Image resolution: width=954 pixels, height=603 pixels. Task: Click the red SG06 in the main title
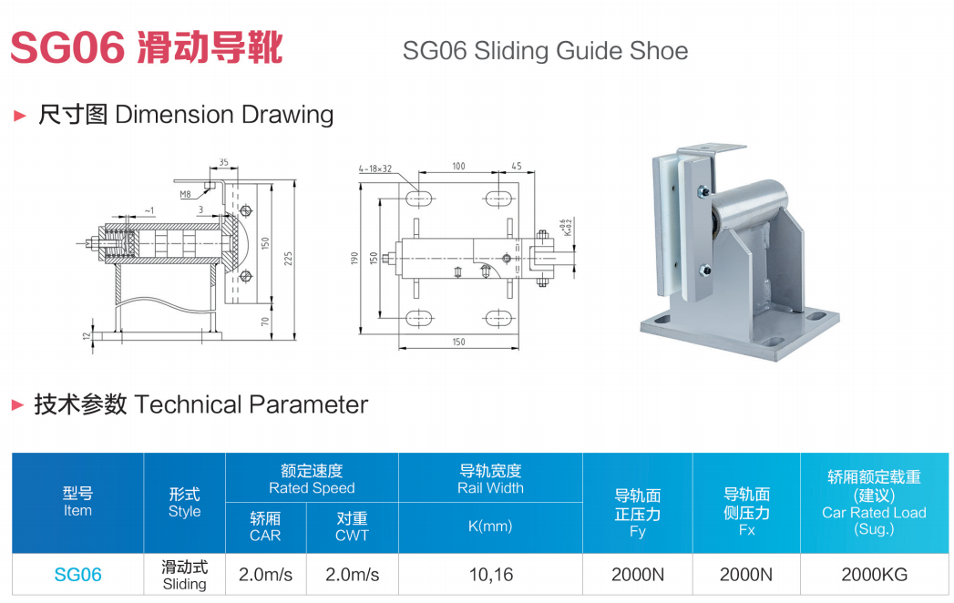67,47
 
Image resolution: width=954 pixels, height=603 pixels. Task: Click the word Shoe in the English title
659,51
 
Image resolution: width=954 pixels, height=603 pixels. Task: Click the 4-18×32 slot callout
374,169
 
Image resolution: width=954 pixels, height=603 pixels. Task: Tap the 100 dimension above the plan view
458,167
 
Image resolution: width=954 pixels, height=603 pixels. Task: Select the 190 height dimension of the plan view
354,258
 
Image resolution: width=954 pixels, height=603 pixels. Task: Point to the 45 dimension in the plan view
517,167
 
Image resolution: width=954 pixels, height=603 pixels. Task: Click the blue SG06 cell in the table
77,575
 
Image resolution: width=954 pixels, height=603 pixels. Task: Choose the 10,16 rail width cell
490,575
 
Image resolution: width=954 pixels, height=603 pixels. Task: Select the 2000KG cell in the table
874,575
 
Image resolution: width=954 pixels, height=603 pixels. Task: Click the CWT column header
352,536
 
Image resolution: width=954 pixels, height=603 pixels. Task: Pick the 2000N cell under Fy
637,575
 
